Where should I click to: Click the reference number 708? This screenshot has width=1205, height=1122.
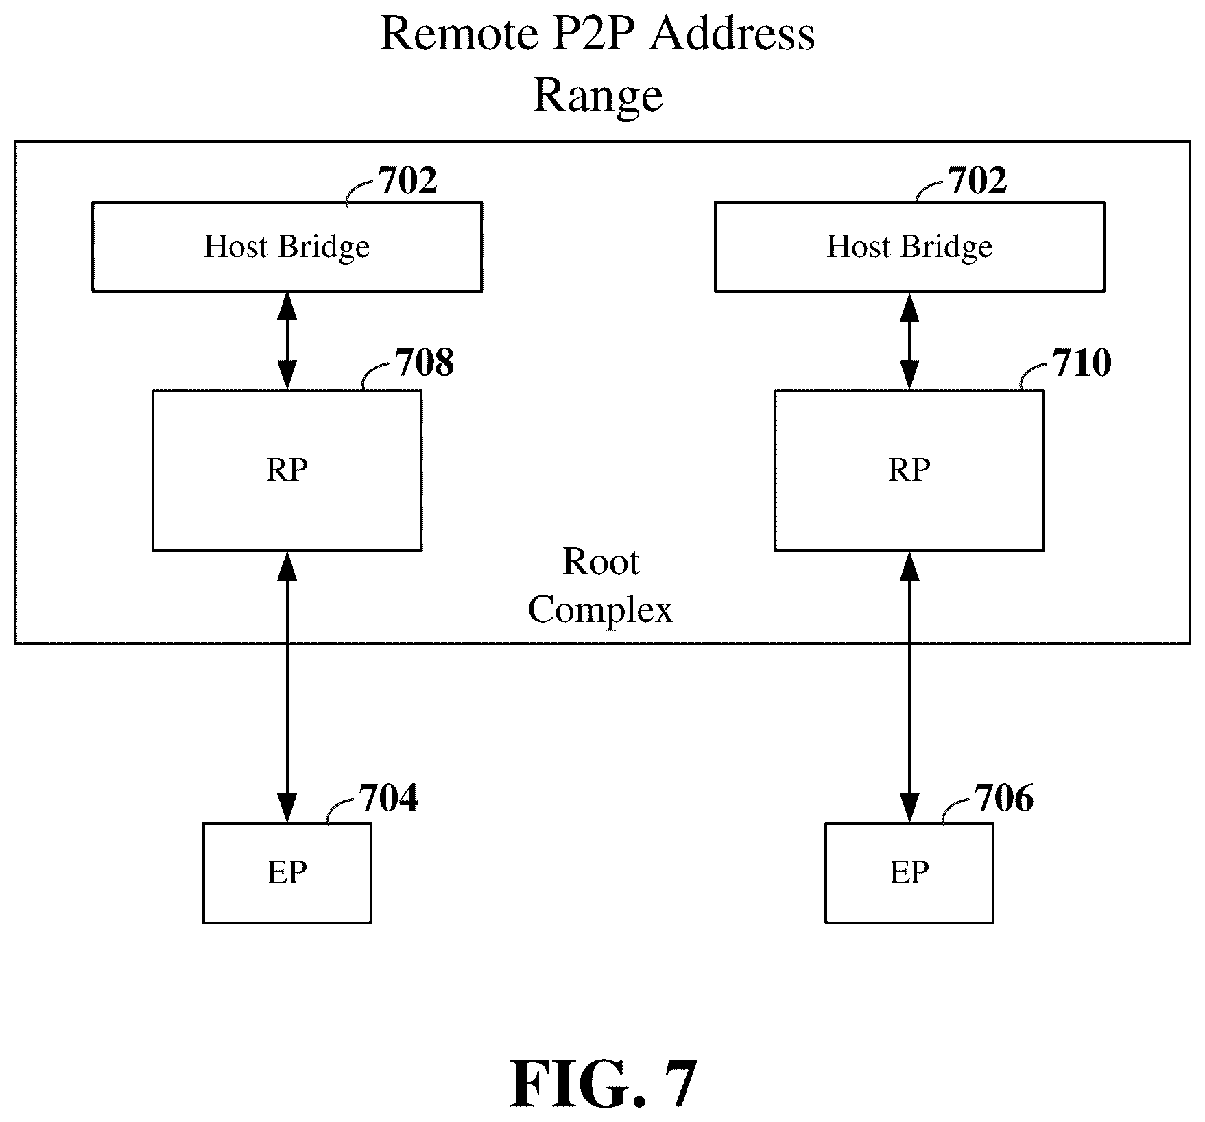425,363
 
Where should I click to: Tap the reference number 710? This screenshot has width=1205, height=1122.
1083,363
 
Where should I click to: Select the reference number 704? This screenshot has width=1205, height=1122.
389,798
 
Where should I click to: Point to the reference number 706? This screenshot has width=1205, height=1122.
1004,798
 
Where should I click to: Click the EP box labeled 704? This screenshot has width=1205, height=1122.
287,873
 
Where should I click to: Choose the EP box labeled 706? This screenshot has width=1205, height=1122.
909,873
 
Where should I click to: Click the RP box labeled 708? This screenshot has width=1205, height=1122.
287,470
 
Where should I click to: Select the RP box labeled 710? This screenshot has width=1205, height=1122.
909,470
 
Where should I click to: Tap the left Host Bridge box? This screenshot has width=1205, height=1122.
287,247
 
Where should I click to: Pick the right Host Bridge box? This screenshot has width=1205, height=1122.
909,247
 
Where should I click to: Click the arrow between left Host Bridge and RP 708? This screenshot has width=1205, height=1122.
287,341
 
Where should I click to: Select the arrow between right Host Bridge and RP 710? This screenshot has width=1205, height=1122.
909,341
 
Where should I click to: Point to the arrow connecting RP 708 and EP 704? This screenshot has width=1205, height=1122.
287,687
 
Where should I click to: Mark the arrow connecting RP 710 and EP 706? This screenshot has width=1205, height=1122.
909,687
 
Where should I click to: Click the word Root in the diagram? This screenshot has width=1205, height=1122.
601,562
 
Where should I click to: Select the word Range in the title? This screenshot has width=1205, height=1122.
598,96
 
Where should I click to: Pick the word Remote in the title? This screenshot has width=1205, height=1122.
459,34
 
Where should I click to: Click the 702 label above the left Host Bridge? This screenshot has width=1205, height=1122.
408,181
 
